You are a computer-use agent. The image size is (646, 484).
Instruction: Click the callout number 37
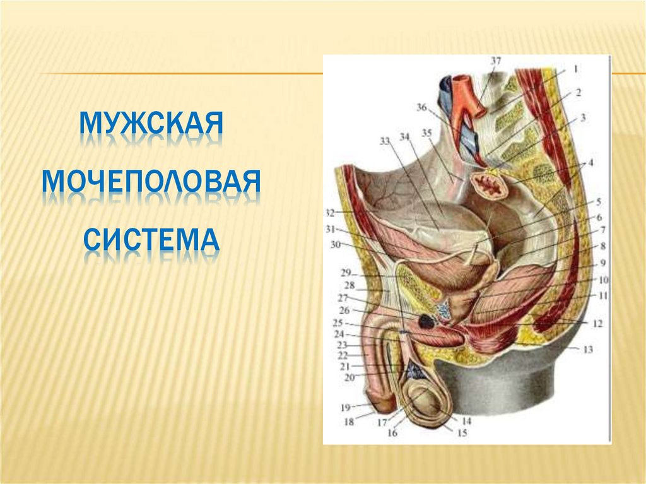[x=496, y=61]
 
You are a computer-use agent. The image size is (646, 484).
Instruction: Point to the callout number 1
[x=575, y=68]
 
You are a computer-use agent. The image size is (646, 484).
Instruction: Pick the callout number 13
[x=588, y=349]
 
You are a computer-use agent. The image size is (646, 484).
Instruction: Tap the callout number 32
[x=330, y=212]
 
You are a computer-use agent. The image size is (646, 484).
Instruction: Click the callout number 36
[x=422, y=107]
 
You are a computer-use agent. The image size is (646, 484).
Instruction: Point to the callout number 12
[x=597, y=324]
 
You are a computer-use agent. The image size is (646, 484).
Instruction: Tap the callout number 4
[x=591, y=163]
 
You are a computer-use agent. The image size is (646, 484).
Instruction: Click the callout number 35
[x=427, y=133]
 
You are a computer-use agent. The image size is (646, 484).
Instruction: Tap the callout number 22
[x=343, y=356]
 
